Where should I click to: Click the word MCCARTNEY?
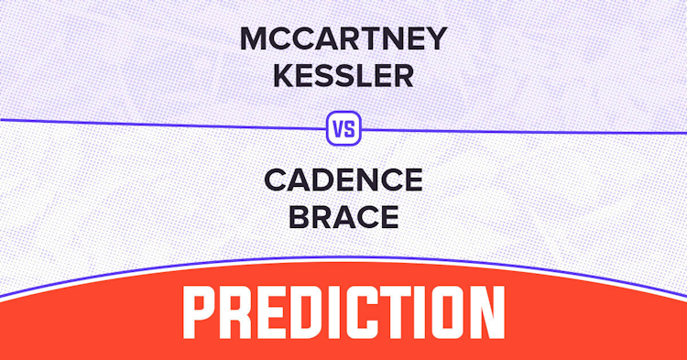coord(343,39)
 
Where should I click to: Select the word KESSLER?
coord(343,76)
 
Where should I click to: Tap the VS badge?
coord(343,128)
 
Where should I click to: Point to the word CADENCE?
coord(343,180)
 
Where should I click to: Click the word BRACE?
coord(343,217)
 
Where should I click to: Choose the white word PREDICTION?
coord(343,312)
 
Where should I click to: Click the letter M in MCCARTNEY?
coord(254,39)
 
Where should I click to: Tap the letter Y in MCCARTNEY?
coord(436,39)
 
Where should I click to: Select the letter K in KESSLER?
coord(284,76)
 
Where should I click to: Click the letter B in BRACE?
coord(299,217)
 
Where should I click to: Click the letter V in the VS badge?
coord(339,129)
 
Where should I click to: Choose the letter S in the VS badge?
coord(350,129)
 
